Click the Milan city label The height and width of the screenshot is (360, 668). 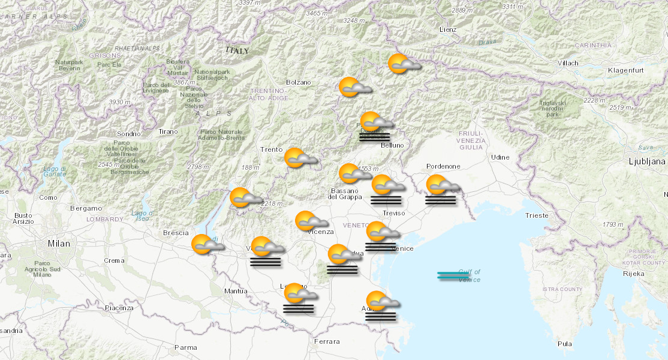[x=59, y=244]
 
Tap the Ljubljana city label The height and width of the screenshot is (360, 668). [x=646, y=161]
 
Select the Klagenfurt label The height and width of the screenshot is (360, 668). [x=625, y=70]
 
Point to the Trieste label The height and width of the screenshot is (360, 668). [x=536, y=215]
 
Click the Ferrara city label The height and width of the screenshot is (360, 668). [x=327, y=341]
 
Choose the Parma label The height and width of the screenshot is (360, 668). [x=185, y=347]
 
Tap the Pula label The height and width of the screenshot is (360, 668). [x=564, y=344]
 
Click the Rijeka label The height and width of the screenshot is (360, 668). [x=634, y=274]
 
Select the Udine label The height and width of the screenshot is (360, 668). [x=500, y=157]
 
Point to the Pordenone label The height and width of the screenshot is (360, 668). [x=443, y=166]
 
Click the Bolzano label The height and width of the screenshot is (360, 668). [x=299, y=82]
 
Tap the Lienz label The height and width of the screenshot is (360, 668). [x=448, y=29]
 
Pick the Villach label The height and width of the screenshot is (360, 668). [x=568, y=63]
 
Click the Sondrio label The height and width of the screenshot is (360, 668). [x=129, y=133]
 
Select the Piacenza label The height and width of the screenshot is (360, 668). [x=119, y=308]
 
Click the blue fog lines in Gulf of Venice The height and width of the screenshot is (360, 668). [x=453, y=275]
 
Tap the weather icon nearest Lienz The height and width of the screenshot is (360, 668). [x=402, y=64]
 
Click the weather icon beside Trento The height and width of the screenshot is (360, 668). [x=299, y=158]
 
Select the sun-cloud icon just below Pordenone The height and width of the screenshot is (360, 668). [x=441, y=185]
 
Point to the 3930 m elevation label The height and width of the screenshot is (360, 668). [x=119, y=102]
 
